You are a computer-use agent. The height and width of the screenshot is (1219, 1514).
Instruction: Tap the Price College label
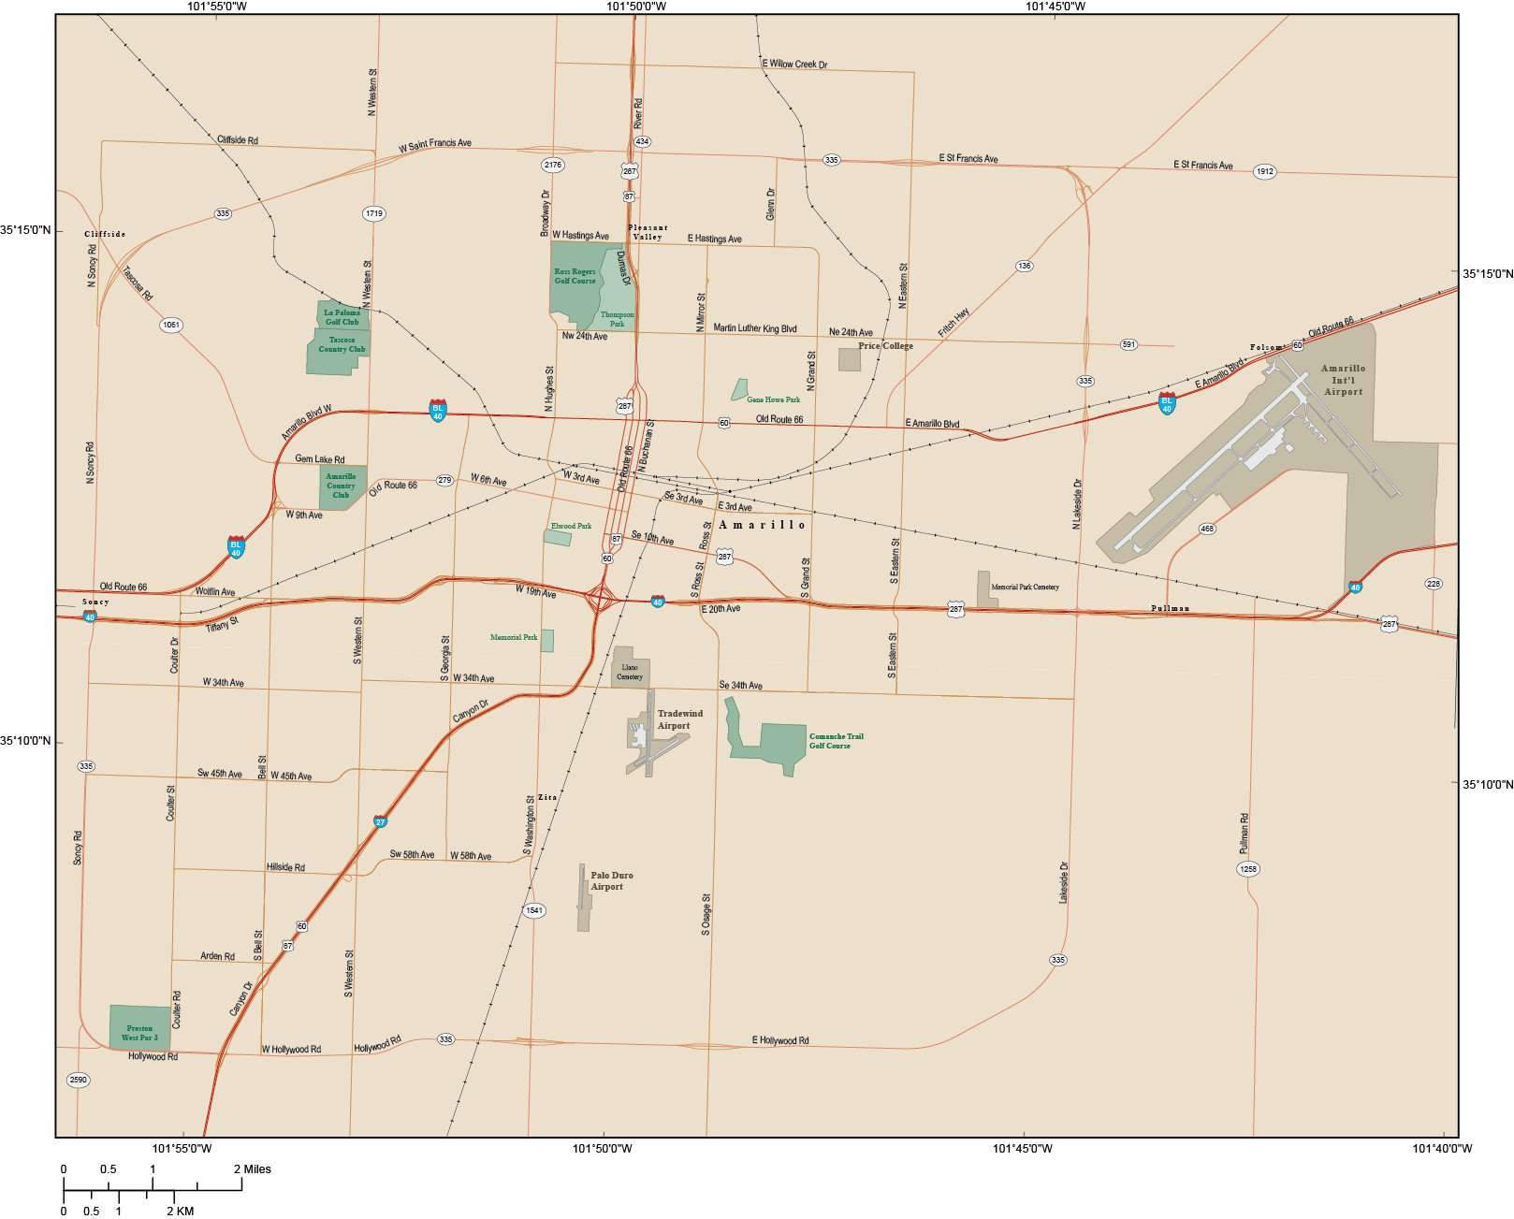(x=884, y=345)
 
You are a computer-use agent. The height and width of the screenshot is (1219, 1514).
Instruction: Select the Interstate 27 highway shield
(x=380, y=821)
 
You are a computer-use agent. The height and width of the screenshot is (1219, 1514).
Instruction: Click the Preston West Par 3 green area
(x=139, y=1026)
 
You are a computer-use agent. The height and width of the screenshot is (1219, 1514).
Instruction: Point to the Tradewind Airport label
(x=679, y=719)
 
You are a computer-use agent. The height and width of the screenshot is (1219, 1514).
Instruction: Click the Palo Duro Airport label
(x=611, y=880)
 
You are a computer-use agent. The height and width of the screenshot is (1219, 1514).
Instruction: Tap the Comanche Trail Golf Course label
(x=836, y=741)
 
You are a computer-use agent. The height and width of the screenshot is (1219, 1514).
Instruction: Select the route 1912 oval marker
(x=1264, y=171)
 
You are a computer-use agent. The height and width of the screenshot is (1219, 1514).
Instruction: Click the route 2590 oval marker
(x=78, y=1080)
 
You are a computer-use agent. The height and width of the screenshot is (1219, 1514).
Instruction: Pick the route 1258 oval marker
(x=1247, y=868)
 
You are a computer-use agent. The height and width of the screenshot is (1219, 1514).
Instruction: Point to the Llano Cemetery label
(x=630, y=672)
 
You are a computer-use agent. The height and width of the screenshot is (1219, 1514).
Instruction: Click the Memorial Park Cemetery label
(x=1025, y=587)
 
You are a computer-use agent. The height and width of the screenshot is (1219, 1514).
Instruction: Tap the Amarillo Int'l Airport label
(x=1343, y=379)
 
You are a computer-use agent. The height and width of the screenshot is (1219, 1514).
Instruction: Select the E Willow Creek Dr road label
(x=794, y=64)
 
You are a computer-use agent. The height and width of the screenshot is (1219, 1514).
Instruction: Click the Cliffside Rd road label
(x=237, y=139)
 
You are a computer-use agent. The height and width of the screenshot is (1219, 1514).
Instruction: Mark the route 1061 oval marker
(x=171, y=325)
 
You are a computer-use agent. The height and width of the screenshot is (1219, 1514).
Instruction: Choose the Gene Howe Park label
(x=773, y=399)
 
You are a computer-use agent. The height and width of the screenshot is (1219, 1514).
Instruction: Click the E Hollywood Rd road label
(x=779, y=1039)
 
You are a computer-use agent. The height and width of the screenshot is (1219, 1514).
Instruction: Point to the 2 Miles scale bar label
(x=253, y=1168)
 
